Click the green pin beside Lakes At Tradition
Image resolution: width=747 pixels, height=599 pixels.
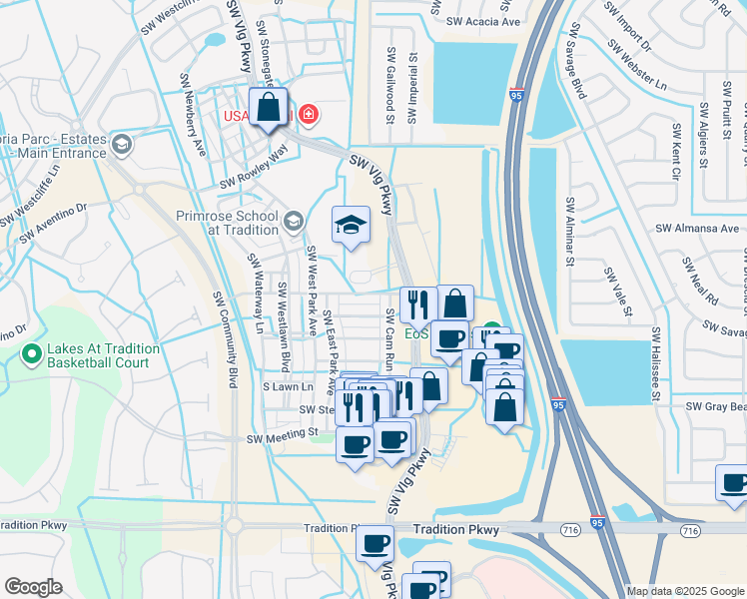33,353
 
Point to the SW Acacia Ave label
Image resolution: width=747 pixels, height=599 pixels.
483,21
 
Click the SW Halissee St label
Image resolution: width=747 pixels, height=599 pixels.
657,364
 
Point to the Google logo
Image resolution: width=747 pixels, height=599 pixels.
34,586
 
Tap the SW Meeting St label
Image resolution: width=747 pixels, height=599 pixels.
282,435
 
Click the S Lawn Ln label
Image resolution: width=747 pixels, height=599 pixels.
288,385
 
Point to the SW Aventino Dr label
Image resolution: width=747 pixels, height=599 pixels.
53,222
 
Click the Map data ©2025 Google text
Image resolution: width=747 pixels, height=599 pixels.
685,591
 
